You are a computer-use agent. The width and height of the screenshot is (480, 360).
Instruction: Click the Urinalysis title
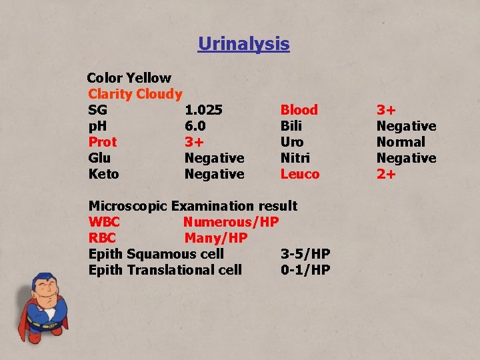point(243,44)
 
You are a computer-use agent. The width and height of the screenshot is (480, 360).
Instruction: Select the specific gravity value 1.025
point(203,110)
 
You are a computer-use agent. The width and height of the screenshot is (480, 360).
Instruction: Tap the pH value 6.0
point(195,126)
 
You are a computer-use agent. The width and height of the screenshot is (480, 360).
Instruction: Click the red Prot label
point(102,142)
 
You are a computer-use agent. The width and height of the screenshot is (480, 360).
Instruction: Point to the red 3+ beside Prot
point(194,142)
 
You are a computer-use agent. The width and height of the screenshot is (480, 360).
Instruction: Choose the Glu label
point(99,158)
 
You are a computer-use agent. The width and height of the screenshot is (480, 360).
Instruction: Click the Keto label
point(103,174)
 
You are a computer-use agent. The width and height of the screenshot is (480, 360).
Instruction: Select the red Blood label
point(299,110)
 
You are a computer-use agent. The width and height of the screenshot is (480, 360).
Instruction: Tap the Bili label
point(291,126)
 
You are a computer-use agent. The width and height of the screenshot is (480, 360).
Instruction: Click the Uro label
point(291,142)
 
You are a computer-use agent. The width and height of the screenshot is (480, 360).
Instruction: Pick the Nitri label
point(295,158)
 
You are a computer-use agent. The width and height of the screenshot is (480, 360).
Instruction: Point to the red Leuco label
point(299,174)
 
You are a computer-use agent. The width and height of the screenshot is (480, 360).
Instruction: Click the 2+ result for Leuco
point(386,174)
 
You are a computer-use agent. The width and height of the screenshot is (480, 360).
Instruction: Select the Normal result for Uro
point(400,142)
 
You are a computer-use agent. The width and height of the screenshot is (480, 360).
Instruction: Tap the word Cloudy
point(159,94)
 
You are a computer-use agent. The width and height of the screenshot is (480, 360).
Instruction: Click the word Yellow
point(148,78)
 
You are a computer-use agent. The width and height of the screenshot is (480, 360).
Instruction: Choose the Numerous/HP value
point(231,222)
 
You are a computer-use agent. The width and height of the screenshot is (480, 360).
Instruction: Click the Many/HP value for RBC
point(215,238)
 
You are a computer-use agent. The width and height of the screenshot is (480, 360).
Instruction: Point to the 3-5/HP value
point(305,254)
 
